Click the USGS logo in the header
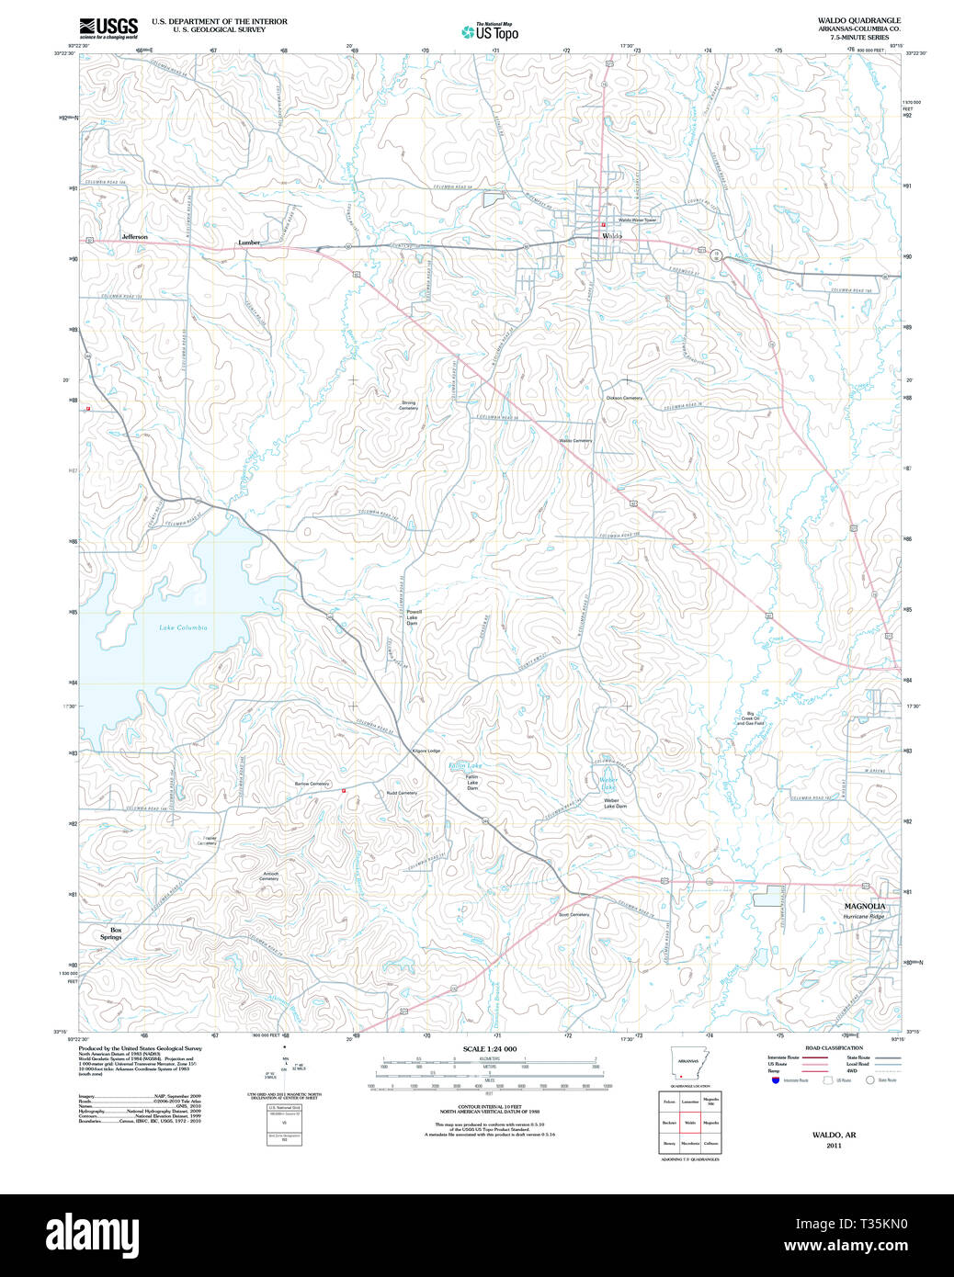coord(108,27)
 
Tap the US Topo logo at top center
coord(490,32)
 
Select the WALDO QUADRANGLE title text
coord(858,20)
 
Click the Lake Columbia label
coord(183,627)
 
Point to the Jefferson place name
coord(134,237)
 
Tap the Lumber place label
coord(249,243)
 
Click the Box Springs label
coord(111,933)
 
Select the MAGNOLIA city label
coord(864,906)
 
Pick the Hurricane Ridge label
coord(863,917)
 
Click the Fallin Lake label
coord(464,765)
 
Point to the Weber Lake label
coord(608,784)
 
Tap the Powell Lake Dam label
coord(413,617)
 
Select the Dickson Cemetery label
coord(624,398)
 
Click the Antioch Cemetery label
coord(269,876)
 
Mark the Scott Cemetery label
coord(574,914)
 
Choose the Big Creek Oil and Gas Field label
coord(750,718)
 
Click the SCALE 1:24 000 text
coord(489,1048)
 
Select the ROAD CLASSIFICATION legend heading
coord(834,1047)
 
